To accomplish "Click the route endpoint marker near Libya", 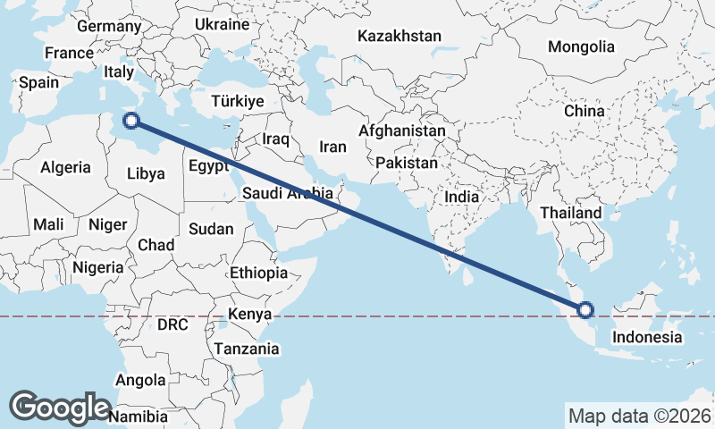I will [131, 121].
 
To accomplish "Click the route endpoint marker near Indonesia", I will [585, 310].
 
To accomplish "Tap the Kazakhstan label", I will [400, 37].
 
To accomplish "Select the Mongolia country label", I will [582, 46].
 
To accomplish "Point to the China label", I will [585, 111].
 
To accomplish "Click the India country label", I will [463, 197].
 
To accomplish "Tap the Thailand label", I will [571, 214].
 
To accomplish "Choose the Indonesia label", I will [647, 337].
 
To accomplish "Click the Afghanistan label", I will [401, 130].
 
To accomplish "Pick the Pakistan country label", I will [407, 164].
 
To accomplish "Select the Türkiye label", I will [238, 101].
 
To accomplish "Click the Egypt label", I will [208, 166].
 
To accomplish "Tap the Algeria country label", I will [66, 167].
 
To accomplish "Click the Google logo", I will [60, 407].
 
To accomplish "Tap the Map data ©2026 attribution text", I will [640, 416].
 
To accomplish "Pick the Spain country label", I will [39, 82].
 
